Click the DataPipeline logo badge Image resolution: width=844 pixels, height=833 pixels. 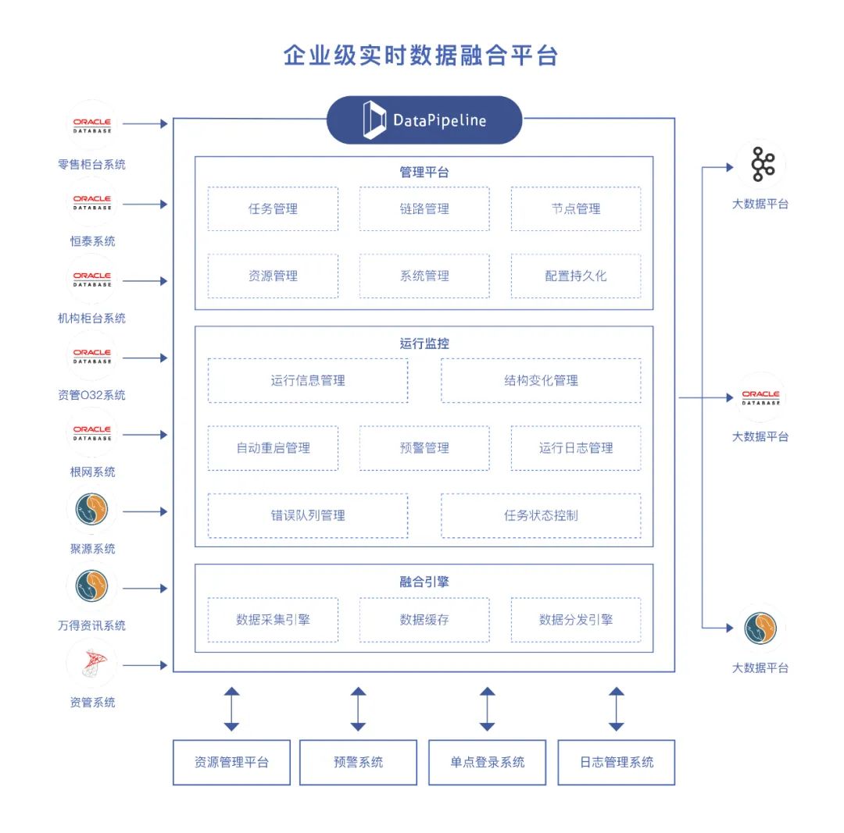424,120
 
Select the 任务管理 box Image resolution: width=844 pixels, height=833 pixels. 273,208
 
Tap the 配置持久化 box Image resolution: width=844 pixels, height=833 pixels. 576,276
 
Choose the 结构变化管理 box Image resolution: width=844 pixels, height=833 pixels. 541,380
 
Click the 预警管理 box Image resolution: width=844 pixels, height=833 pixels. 424,448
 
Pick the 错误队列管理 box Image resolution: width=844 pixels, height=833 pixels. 308,515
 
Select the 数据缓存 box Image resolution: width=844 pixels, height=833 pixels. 424,620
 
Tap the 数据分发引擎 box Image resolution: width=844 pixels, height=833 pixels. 576,620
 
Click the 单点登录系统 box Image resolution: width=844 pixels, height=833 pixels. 487,762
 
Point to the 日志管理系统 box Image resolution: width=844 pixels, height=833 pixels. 617,762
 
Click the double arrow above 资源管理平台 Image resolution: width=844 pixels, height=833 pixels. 231,709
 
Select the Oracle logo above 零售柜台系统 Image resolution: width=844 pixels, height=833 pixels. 92,125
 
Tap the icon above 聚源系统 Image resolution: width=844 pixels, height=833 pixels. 92,510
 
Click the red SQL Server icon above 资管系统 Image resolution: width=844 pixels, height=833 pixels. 92,664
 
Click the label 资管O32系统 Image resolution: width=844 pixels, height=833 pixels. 91,395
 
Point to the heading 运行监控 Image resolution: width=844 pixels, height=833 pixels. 424,344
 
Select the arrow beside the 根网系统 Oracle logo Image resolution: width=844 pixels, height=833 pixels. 145,435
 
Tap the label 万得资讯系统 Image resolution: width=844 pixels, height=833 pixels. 91,625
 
